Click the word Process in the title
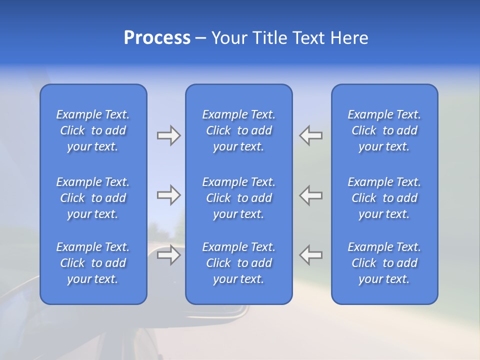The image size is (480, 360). [157, 38]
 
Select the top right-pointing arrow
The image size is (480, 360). [169, 135]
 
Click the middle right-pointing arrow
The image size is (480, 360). [169, 195]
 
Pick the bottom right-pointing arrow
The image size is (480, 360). [169, 255]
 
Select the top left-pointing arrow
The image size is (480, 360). [311, 135]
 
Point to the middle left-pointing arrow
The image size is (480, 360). [311, 195]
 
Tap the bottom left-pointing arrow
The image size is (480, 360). [311, 255]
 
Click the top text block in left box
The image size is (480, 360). [93, 130]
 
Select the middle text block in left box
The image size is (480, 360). [93, 198]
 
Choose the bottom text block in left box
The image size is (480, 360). [93, 263]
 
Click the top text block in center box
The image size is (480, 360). [238, 130]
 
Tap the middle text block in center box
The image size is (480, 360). [238, 198]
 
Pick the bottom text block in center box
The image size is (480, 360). [238, 263]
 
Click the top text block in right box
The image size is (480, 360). [384, 130]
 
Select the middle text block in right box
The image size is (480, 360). [384, 198]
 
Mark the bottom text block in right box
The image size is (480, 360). [384, 263]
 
